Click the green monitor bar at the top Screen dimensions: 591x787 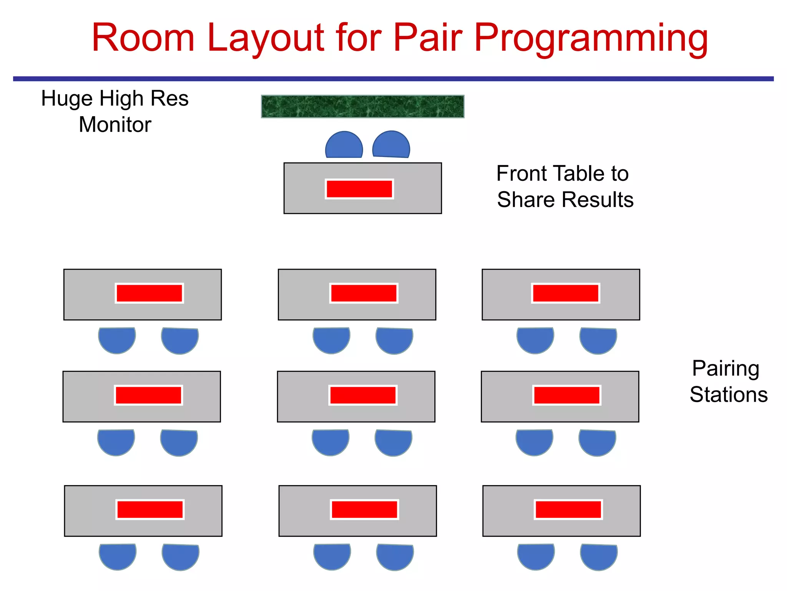[x=362, y=107]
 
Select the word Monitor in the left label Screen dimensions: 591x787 [x=115, y=125]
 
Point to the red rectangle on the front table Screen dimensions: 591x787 [x=359, y=189]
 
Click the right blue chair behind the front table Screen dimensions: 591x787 [x=391, y=146]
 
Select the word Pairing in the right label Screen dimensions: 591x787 [x=726, y=369]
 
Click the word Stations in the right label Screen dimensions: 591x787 [x=729, y=395]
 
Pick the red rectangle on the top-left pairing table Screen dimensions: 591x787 [x=149, y=294]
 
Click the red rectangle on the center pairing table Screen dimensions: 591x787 [x=363, y=395]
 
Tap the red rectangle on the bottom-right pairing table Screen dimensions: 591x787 [x=568, y=510]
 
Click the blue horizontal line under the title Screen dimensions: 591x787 [x=393, y=79]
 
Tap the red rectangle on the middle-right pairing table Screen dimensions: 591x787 [x=566, y=395]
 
